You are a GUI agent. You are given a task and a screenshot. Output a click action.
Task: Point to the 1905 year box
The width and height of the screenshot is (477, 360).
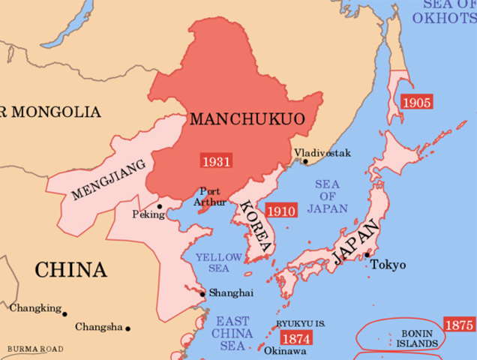pos(416,101)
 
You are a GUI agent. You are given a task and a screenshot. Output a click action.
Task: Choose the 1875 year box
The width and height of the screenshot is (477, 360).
pos(459,325)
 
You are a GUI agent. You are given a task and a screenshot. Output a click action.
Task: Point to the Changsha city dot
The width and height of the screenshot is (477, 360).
pos(128,328)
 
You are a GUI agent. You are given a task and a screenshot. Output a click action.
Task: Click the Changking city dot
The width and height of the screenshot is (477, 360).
pos(64,313)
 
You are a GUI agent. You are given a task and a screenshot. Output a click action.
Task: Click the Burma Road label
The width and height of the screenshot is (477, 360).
pos(35,349)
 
